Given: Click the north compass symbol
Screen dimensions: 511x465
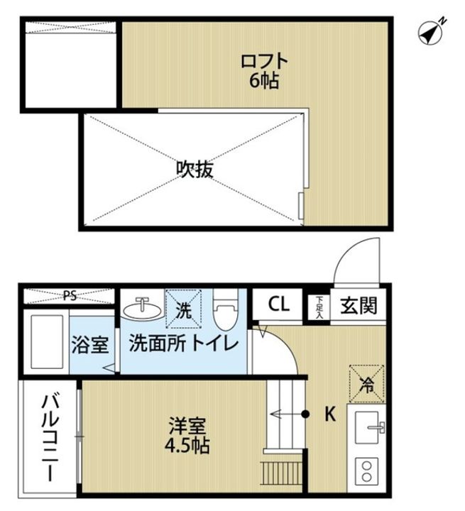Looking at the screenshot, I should click(x=431, y=31).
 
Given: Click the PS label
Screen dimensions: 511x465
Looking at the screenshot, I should click(x=69, y=295).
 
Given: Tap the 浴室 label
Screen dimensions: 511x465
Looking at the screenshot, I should click(x=91, y=346).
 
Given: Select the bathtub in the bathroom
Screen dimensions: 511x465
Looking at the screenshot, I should click(x=45, y=342).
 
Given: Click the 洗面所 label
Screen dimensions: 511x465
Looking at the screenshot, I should click(x=151, y=346).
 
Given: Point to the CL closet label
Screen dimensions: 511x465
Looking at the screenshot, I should click(x=278, y=305).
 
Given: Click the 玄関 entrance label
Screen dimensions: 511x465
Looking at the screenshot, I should click(x=360, y=306).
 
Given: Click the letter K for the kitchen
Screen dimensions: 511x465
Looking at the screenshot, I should click(x=329, y=414).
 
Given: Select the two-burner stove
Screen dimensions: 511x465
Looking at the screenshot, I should click(x=368, y=470).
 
